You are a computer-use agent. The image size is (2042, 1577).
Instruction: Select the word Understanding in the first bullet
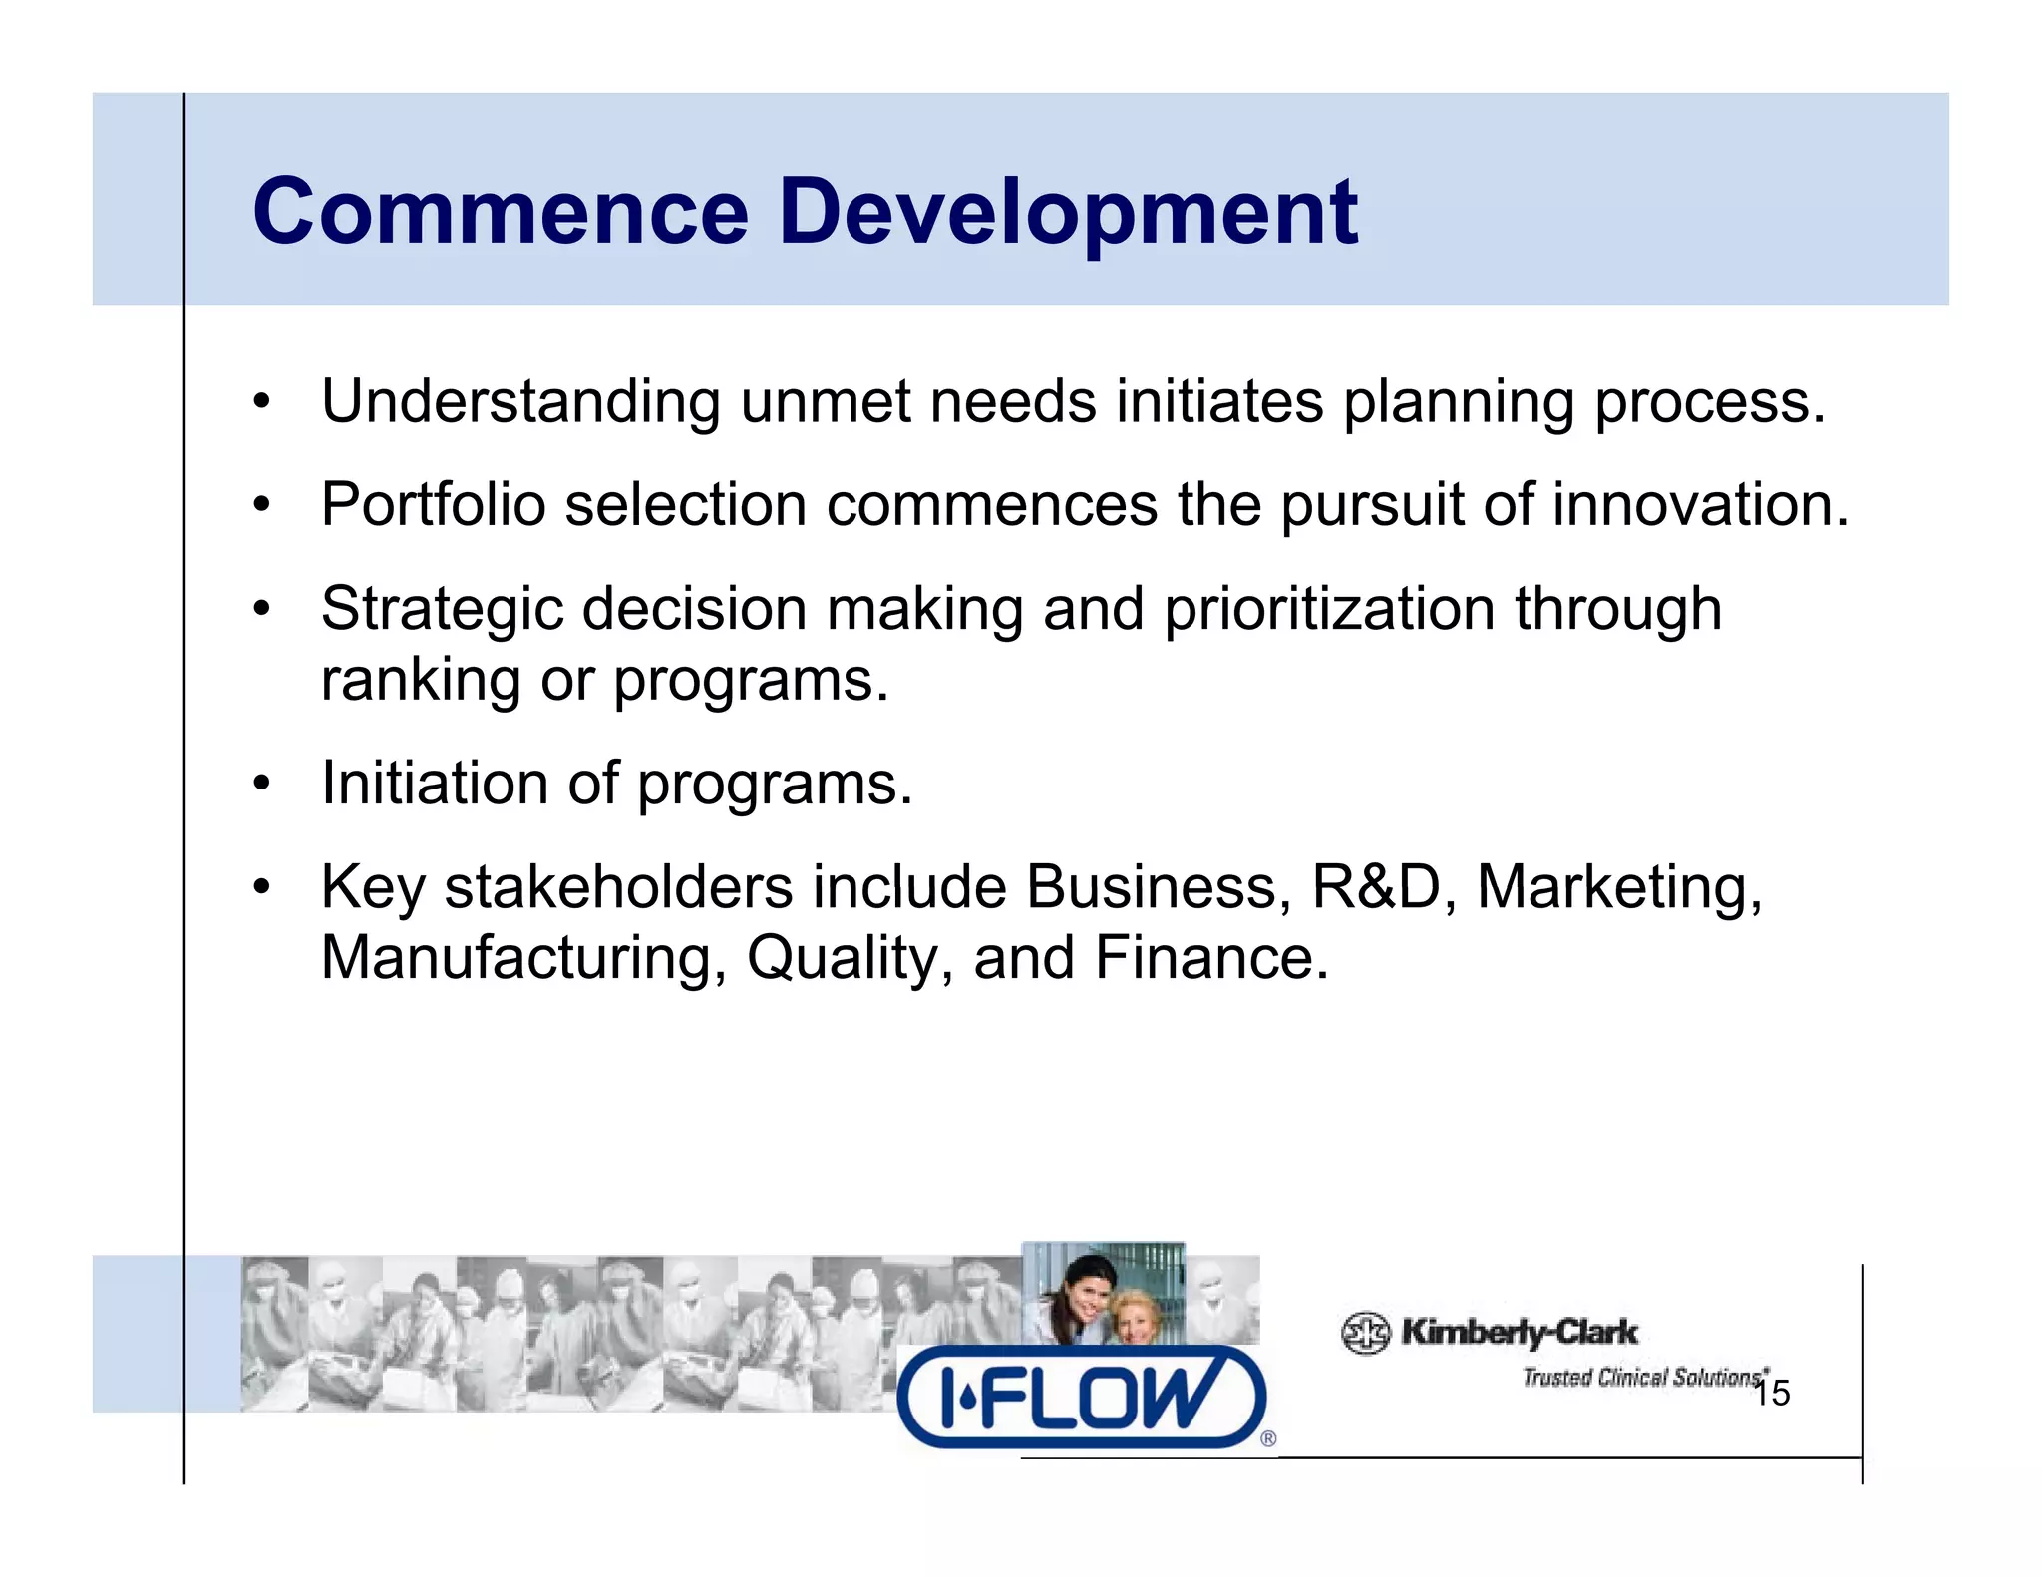520,402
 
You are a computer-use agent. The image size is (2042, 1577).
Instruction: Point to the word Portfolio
433,504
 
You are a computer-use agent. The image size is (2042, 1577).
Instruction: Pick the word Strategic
442,610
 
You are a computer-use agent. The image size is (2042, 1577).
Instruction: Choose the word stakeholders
618,886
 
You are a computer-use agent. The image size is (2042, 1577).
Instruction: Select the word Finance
1211,958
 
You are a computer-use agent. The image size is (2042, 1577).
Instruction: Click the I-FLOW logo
1082,1396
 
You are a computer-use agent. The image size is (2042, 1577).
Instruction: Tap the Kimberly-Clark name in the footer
1519,1332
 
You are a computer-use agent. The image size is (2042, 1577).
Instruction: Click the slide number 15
1772,1394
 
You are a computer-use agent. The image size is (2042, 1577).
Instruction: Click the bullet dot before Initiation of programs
261,785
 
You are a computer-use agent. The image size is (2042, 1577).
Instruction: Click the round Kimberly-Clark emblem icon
1365,1333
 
